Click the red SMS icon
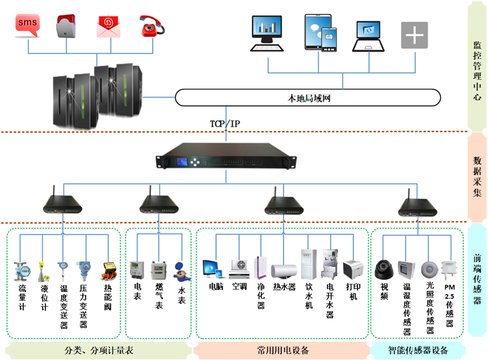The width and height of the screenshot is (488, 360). point(28,23)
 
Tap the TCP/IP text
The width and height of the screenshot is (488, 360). point(225,123)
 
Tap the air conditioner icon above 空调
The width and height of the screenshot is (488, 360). point(239,267)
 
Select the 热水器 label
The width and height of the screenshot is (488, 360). point(284,287)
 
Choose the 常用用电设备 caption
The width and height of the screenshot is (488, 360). point(283,350)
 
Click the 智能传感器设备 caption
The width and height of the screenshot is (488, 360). point(418,350)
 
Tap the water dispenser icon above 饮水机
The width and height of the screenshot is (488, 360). point(308,263)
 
